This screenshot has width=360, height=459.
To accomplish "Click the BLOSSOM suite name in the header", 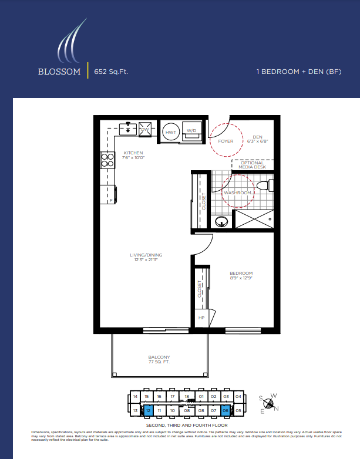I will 59,72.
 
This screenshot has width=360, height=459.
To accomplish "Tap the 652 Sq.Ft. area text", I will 111,72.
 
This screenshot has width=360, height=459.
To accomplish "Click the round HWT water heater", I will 171,132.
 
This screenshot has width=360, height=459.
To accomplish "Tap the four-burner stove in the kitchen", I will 107,160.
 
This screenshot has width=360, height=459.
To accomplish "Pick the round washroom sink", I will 222,222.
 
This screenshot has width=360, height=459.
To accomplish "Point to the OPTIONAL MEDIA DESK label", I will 252,165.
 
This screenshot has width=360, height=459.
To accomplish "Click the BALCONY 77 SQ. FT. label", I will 159,359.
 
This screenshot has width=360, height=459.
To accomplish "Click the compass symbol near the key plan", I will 269,403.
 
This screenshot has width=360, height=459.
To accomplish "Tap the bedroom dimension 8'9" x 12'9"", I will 241,278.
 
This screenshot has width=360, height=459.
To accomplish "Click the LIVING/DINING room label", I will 146,255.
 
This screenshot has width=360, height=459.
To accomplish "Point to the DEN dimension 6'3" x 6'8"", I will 257,141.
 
